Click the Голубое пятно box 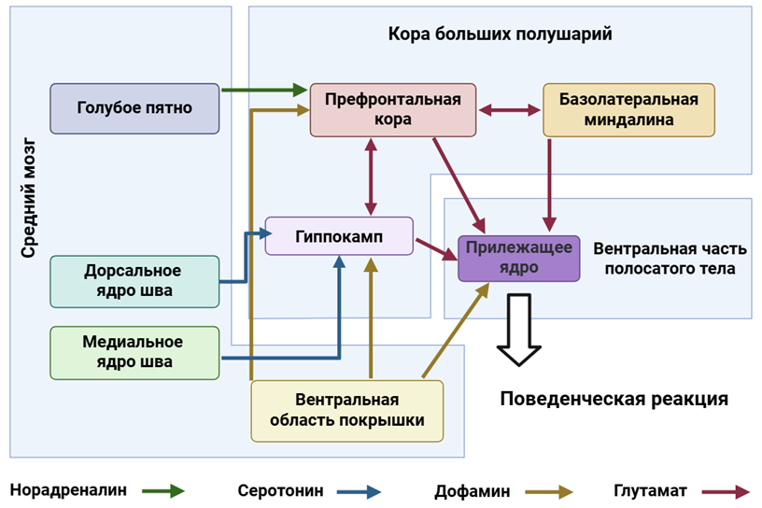[134, 107]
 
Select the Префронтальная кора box [393, 109]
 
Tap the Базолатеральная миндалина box [628, 109]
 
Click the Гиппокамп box [339, 236]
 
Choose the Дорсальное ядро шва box [134, 281]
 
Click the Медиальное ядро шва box [134, 352]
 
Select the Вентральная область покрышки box [347, 410]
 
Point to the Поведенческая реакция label [614, 399]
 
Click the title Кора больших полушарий [500, 35]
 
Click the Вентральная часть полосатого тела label [670, 259]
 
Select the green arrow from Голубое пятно [264, 91]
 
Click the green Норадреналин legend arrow [161, 490]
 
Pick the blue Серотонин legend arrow [358, 491]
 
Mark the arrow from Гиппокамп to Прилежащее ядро [434, 247]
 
